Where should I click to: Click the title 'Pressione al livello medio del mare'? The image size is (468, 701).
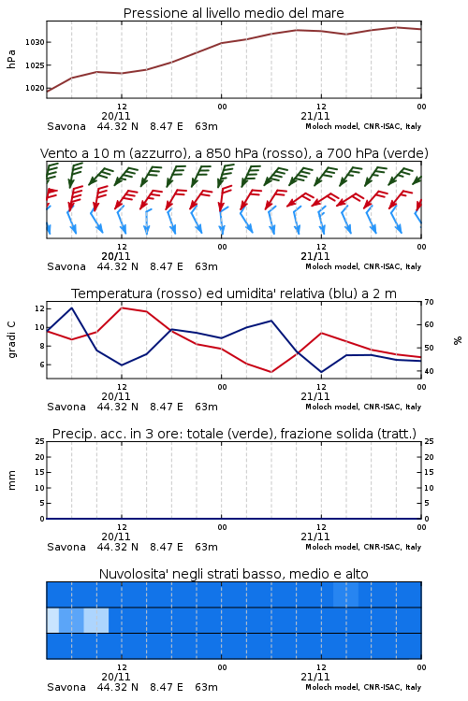pos(233,13)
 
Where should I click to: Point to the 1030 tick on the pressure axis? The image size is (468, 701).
pos(35,42)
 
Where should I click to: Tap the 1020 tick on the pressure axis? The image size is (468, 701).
pos(35,88)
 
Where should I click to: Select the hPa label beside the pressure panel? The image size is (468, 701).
pos(11,59)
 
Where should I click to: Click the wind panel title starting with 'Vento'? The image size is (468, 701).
pos(234,153)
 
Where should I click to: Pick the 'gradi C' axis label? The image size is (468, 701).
pos(11,340)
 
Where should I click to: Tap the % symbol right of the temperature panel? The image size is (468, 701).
pos(458,340)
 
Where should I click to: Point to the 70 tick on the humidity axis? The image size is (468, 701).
pos(429,302)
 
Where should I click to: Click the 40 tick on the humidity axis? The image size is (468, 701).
pos(429,371)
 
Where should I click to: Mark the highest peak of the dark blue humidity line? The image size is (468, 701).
pos(72,308)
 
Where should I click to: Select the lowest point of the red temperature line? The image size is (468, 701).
pos(271,372)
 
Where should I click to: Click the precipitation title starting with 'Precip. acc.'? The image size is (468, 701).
pos(234,434)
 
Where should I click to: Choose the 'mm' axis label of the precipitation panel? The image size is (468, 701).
pos(11,480)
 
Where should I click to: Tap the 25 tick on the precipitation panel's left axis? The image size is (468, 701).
pos(40,442)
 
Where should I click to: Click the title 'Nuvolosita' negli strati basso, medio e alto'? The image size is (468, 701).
pos(233,574)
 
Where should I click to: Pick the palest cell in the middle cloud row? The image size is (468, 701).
pos(52,620)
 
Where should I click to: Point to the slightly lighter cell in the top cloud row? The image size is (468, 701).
pos(345,594)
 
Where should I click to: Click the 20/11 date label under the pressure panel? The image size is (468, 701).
pos(116,116)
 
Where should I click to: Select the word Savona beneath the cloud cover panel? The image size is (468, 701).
pos(66,687)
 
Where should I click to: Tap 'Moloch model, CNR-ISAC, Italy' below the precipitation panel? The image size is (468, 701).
pos(363,547)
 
